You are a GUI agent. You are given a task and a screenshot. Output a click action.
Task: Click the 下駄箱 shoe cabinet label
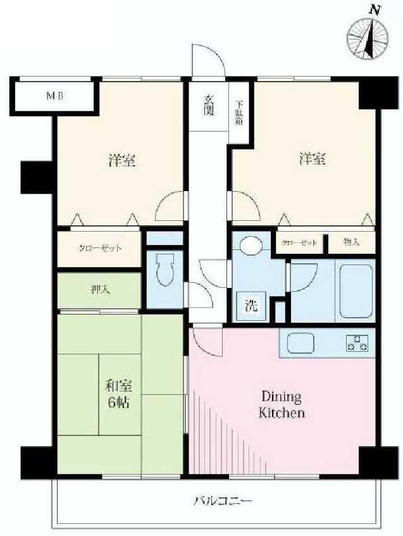pos(239,112)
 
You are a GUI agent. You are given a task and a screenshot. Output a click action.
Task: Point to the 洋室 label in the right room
pos(313,159)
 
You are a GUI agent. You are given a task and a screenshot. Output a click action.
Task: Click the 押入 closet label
pos(99,290)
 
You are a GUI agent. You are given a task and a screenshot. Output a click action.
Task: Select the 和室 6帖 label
pos(119,394)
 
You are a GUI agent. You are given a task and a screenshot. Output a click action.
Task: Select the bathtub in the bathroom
pos(355,291)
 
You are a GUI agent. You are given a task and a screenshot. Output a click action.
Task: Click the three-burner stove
pos(357,342)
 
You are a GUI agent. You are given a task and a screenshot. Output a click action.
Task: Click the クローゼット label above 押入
pos(99,249)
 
